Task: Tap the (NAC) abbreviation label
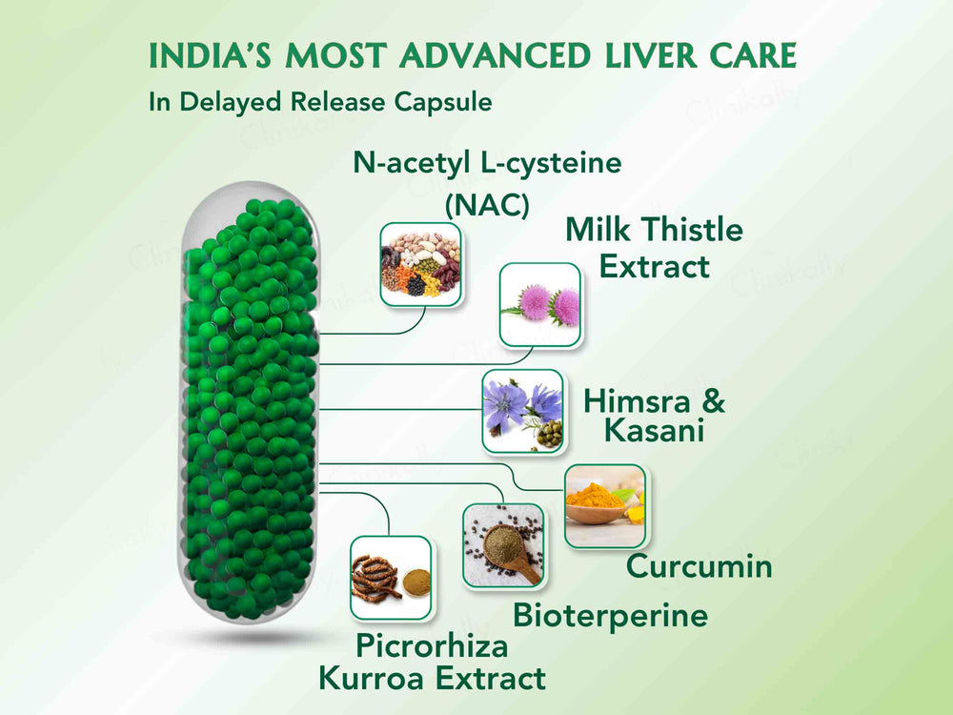click(487, 204)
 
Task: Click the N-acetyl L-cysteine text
click(487, 163)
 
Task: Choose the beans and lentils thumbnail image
click(420, 264)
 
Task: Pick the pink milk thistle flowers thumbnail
click(540, 304)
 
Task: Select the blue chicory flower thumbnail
click(522, 410)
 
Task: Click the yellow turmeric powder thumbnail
click(604, 506)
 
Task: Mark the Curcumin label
click(699, 567)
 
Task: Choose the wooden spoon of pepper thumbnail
click(503, 544)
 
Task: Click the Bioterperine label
click(610, 615)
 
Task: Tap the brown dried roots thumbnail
click(391, 576)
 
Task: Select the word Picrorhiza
click(432, 646)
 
